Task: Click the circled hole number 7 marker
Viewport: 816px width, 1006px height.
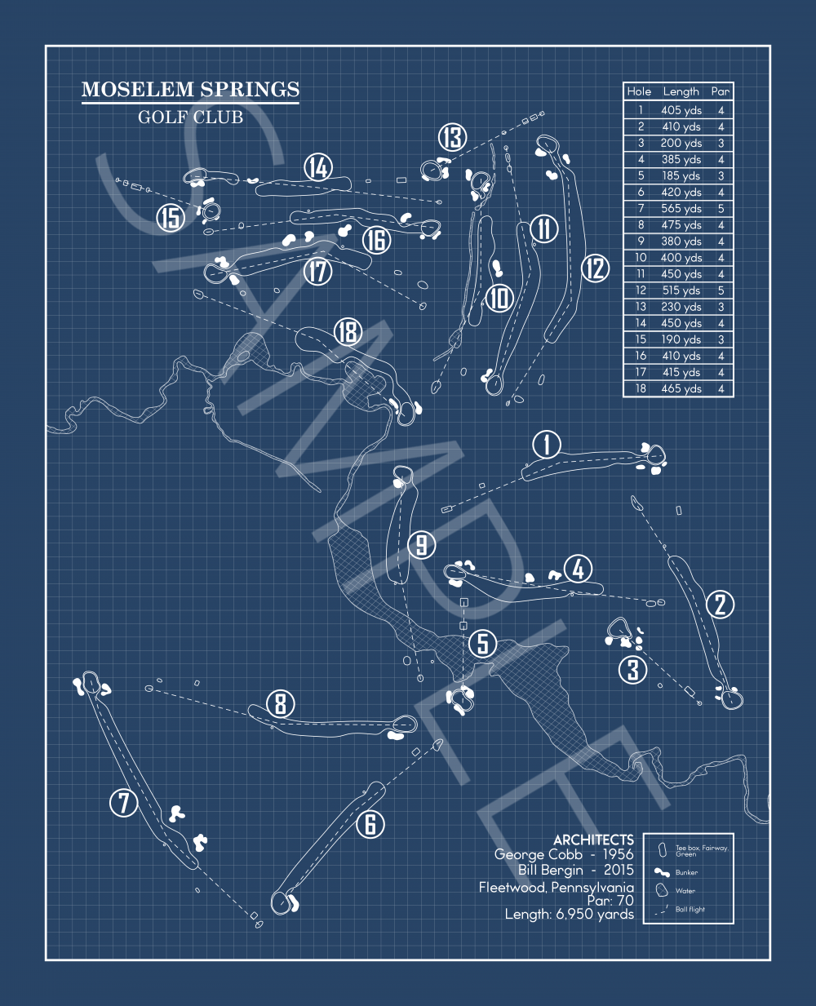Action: pyautogui.click(x=124, y=803)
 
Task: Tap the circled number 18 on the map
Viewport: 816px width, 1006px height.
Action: pyautogui.click(x=348, y=332)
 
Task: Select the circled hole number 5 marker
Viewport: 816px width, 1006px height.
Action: pyautogui.click(x=483, y=643)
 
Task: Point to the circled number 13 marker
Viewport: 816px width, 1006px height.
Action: pyautogui.click(x=452, y=138)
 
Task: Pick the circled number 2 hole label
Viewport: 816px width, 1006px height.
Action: pyautogui.click(x=720, y=605)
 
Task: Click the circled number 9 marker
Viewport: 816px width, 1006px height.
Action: pyautogui.click(x=421, y=544)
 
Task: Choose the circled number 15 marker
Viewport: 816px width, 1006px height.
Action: pyautogui.click(x=171, y=218)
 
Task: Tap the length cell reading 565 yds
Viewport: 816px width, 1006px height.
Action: pyautogui.click(x=681, y=209)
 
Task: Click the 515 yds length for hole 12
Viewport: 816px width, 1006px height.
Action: pyautogui.click(x=681, y=290)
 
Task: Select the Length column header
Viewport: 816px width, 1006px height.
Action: pyautogui.click(x=681, y=92)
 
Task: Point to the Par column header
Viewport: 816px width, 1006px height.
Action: pyautogui.click(x=720, y=92)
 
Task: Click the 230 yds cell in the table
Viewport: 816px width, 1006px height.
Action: pyautogui.click(x=681, y=307)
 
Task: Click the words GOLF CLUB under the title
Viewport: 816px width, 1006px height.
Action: pyautogui.click(x=190, y=117)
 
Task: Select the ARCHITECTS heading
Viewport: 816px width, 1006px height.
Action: pyautogui.click(x=593, y=840)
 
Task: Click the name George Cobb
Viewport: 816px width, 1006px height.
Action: pyautogui.click(x=538, y=854)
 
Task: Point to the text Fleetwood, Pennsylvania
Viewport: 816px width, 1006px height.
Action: pyautogui.click(x=556, y=887)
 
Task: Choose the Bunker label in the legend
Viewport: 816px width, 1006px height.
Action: pyautogui.click(x=686, y=872)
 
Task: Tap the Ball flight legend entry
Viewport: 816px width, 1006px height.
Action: pyautogui.click(x=690, y=909)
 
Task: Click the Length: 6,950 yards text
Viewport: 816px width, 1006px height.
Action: pyautogui.click(x=569, y=915)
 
